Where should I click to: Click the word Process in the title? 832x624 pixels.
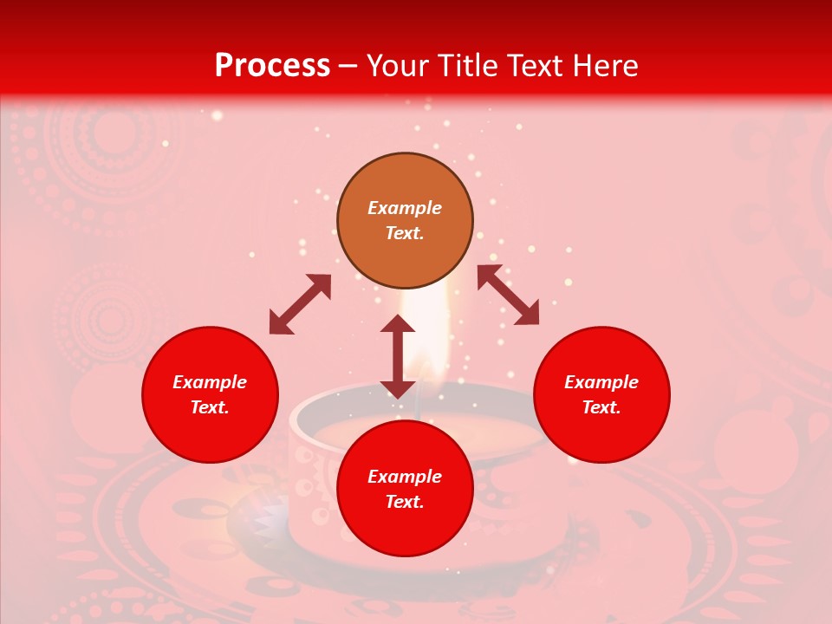click(272, 66)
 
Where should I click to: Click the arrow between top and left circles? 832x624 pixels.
click(300, 304)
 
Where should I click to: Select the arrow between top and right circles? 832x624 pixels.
click(508, 295)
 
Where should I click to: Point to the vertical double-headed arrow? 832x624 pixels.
click(398, 356)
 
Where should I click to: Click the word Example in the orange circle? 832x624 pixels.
click(405, 208)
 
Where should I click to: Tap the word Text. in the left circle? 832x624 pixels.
click(210, 407)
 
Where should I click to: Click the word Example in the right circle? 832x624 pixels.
click(601, 382)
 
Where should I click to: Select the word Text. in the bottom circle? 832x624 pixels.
click(405, 502)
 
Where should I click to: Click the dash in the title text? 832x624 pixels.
click(348, 67)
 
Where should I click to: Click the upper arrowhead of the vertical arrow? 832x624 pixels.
click(398, 324)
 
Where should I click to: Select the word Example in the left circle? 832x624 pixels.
click(210, 382)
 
